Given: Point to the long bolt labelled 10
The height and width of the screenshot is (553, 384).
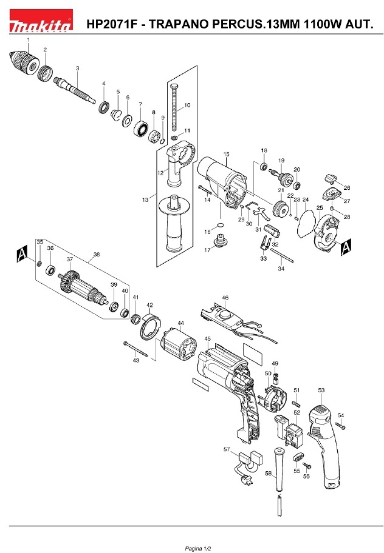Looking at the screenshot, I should pyautogui.click(x=174, y=109).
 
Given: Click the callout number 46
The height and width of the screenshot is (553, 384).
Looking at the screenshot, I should pyautogui.click(x=225, y=298).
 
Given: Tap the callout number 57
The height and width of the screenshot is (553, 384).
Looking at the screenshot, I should pyautogui.click(x=227, y=449).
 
